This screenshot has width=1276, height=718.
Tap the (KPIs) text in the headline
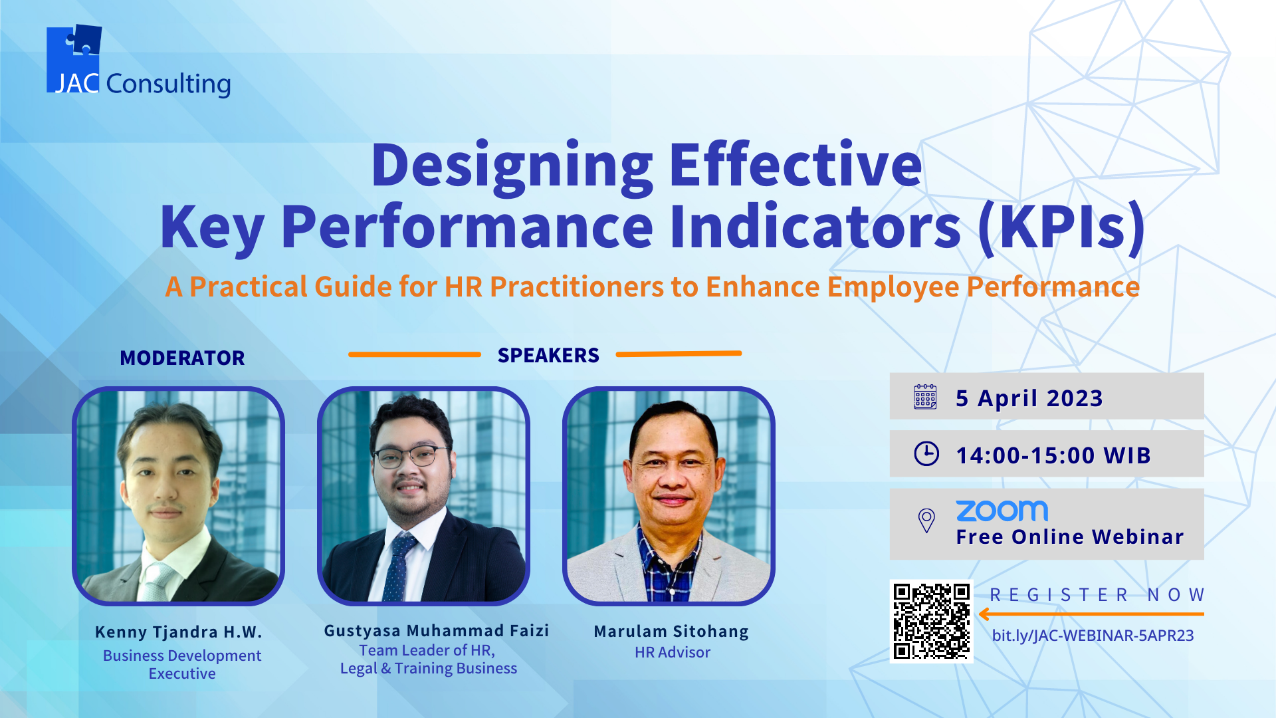click(x=1062, y=228)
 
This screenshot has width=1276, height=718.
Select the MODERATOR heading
click(x=182, y=358)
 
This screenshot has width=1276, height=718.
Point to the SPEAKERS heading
click(x=548, y=356)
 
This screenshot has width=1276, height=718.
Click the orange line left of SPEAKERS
click(x=415, y=354)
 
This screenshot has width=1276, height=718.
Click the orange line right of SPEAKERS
click(x=679, y=354)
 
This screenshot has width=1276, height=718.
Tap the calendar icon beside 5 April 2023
click(x=925, y=397)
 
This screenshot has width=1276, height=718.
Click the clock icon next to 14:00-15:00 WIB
click(x=926, y=453)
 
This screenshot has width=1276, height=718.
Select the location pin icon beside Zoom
click(x=926, y=521)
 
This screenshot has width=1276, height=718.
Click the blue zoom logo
click(x=1002, y=511)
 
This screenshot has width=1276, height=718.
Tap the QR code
click(x=931, y=621)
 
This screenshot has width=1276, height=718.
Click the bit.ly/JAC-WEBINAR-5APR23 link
click(x=1093, y=636)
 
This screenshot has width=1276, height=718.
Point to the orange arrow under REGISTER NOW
click(x=1091, y=614)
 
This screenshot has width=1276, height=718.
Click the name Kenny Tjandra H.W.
click(x=179, y=632)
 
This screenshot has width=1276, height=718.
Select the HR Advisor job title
click(x=673, y=652)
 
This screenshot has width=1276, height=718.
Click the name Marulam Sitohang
click(x=671, y=631)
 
